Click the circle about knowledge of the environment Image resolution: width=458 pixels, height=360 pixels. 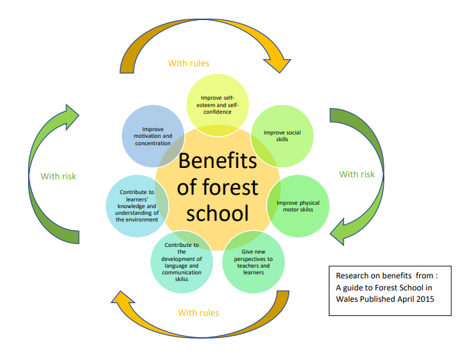[x=137, y=205]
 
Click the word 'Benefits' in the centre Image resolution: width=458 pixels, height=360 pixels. [x=218, y=161]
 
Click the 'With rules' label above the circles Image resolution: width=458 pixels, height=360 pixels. [x=188, y=64]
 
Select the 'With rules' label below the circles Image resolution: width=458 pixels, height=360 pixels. [x=198, y=312]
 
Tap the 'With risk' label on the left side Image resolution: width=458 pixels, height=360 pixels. [x=58, y=177]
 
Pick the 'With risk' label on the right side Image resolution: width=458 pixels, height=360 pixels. [x=357, y=174]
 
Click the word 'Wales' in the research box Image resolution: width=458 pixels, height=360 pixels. [x=350, y=299]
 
